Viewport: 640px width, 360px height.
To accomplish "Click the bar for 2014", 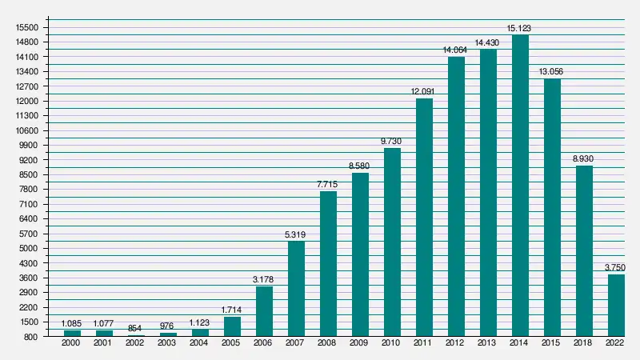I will pyautogui.click(x=520, y=186).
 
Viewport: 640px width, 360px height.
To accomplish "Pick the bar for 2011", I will pyautogui.click(x=424, y=218).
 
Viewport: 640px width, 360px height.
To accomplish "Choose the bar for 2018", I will pyautogui.click(x=584, y=251).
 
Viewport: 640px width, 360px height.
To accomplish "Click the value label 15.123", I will pyautogui.click(x=520, y=29).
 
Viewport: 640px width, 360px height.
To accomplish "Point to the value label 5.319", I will pyautogui.click(x=296, y=235).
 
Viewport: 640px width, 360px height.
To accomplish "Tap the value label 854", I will pyautogui.click(x=136, y=329).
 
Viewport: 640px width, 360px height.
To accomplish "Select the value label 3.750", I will pyautogui.click(x=616, y=268).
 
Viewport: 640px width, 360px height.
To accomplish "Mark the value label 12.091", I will pyautogui.click(x=424, y=92).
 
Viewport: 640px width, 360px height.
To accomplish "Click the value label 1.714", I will pyautogui.click(x=232, y=310).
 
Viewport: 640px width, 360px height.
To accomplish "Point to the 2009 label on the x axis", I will pyautogui.click(x=360, y=343).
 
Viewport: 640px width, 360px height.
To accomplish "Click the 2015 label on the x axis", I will pyautogui.click(x=552, y=343).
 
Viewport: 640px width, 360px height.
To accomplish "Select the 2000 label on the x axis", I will pyautogui.click(x=72, y=343).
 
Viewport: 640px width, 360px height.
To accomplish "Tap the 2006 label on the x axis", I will pyautogui.click(x=264, y=343).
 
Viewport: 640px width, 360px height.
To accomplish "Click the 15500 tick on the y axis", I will pyautogui.click(x=28, y=27).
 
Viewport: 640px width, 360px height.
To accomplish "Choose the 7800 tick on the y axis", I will pyautogui.click(x=30, y=190).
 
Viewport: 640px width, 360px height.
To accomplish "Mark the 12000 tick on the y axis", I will pyautogui.click(x=28, y=101).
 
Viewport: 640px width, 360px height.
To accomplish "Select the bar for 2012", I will pyautogui.click(x=456, y=197).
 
